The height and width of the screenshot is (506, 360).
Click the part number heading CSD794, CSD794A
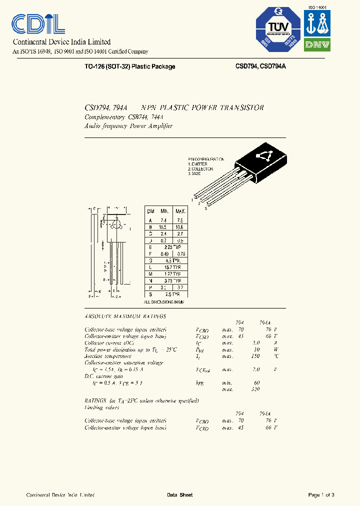click(x=260, y=66)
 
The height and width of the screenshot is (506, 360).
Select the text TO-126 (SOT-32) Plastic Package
click(x=130, y=66)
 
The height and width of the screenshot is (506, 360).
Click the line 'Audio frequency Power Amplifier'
click(x=128, y=126)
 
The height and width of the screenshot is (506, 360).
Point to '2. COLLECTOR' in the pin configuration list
click(x=201, y=168)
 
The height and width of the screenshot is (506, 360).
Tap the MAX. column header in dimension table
click(x=180, y=211)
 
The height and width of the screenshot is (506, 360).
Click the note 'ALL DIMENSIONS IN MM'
click(x=164, y=302)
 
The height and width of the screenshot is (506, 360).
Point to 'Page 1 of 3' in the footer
click(x=321, y=495)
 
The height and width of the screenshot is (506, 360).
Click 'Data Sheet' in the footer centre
click(x=179, y=495)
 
